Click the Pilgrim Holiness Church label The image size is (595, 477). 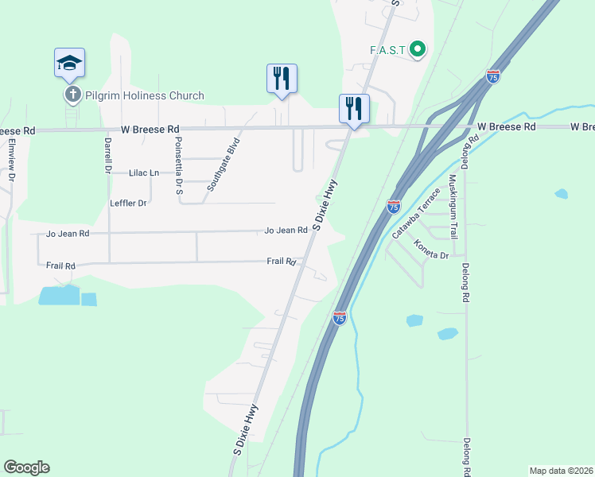coord(142,96)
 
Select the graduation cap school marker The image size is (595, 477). coord(69,63)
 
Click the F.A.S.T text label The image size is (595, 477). coord(387,50)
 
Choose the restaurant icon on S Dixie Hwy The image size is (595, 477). coord(354,108)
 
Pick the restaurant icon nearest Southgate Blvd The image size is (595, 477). coord(282,79)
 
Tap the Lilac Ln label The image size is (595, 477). coord(144,173)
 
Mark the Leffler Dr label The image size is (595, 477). coord(128,204)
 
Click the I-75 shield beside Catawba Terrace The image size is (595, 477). coord(394,206)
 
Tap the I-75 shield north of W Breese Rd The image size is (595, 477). coord(493,76)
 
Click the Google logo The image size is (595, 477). coord(26,467)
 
